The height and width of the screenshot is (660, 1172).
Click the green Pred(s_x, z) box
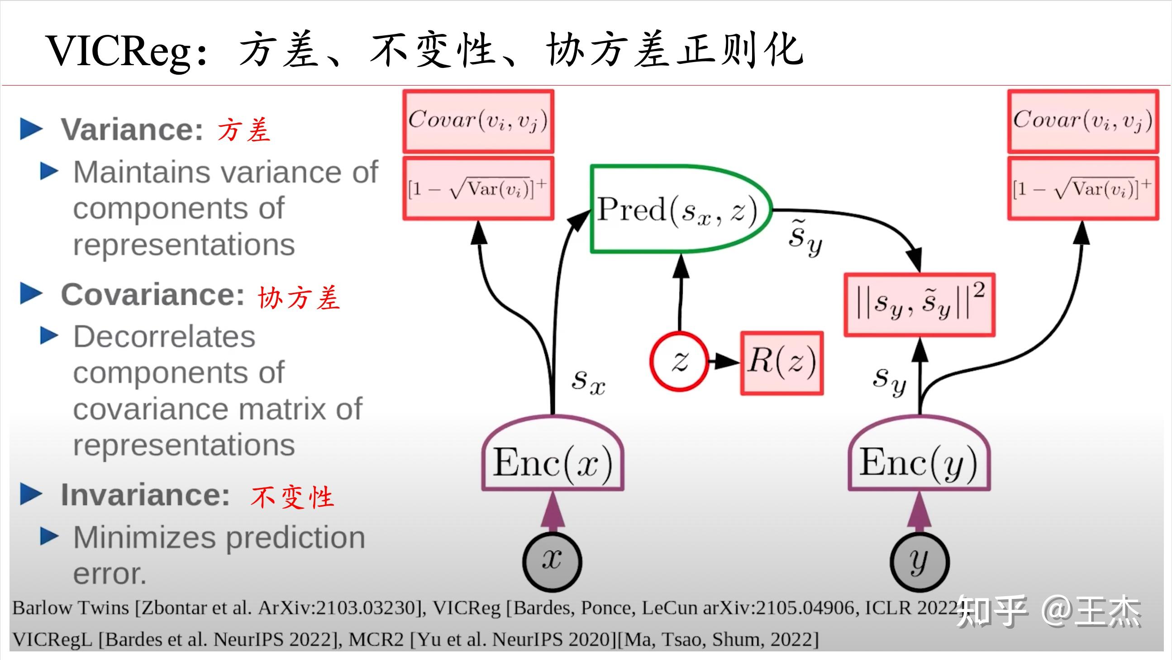pyautogui.click(x=678, y=210)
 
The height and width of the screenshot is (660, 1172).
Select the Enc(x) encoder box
pyautogui.click(x=553, y=462)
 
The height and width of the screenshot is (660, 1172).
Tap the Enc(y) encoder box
pyautogui.click(x=919, y=462)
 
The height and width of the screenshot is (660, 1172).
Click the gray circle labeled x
pyautogui.click(x=552, y=561)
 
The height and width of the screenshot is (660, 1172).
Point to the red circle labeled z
pyautogui.click(x=679, y=361)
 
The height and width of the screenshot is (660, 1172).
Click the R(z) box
pyautogui.click(x=781, y=363)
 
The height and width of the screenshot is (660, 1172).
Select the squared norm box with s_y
pyautogui.click(x=919, y=305)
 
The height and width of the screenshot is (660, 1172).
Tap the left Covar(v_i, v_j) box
pyautogui.click(x=478, y=121)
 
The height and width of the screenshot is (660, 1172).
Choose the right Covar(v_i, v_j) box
pyautogui.click(x=1083, y=121)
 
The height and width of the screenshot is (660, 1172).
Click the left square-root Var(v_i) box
pyautogui.click(x=478, y=189)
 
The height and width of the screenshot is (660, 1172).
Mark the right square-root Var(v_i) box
pyautogui.click(x=1083, y=189)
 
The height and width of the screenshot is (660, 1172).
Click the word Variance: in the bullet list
pyautogui.click(x=132, y=130)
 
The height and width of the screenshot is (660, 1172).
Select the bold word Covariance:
pyautogui.click(x=153, y=295)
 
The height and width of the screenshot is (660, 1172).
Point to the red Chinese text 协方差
pyautogui.click(x=299, y=298)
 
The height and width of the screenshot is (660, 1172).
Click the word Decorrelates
pyautogui.click(x=164, y=337)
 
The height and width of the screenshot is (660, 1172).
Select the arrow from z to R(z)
pyautogui.click(x=724, y=362)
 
